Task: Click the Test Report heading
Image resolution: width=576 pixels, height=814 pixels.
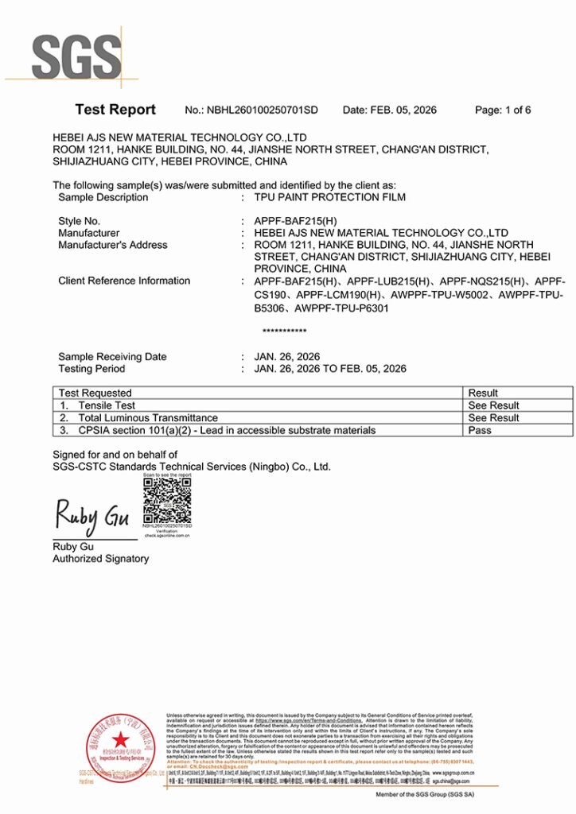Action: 115,110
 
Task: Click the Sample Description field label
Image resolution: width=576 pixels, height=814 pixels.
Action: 103,197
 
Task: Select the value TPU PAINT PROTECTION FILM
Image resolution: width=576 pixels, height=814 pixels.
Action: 329,197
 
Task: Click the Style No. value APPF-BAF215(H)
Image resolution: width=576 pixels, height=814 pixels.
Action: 294,221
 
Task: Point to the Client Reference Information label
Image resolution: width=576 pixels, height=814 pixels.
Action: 124,281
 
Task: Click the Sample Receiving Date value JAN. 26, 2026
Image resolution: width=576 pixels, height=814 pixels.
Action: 286,357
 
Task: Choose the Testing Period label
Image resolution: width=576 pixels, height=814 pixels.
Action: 91,369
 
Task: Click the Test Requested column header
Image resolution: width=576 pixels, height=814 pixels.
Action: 95,393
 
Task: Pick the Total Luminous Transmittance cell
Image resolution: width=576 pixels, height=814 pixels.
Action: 148,417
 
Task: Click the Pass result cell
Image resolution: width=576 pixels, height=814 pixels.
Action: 480,430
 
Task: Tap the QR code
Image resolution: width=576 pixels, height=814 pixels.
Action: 167,499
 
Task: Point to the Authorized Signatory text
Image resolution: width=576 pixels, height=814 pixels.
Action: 100,559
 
